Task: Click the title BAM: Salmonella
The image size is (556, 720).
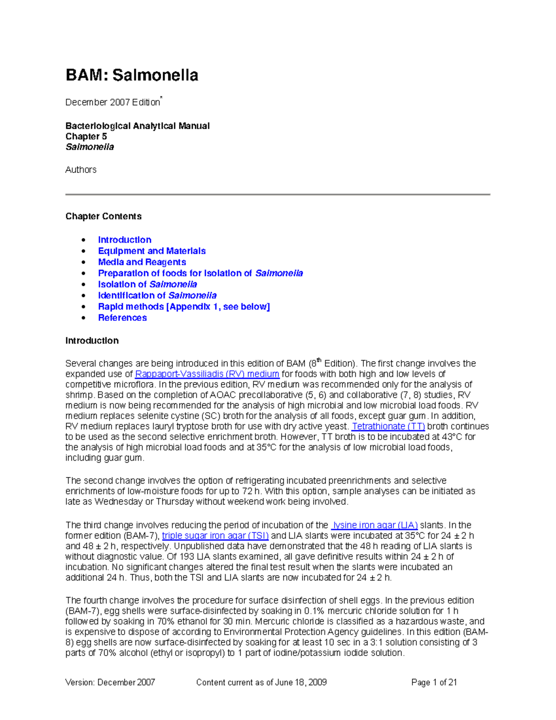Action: coord(132,75)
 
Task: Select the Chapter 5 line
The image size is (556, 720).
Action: coord(86,136)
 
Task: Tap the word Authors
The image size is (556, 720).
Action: coord(81,170)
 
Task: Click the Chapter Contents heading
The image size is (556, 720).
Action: coord(103,217)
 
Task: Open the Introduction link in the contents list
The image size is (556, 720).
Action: coord(124,240)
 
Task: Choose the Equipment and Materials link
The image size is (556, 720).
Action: coord(152,251)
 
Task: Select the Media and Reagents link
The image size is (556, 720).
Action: coord(142,262)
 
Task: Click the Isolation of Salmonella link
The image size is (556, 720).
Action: coord(147,284)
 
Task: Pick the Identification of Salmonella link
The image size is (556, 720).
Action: coord(157,295)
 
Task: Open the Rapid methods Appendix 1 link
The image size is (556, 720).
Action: coord(183,306)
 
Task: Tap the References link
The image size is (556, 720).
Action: coord(122,318)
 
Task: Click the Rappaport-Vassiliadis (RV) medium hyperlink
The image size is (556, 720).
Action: coord(207,374)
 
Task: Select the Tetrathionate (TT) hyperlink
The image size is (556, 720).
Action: coord(388,427)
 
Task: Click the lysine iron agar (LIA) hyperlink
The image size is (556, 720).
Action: coord(374,525)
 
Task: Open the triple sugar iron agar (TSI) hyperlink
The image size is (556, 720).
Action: coord(215,536)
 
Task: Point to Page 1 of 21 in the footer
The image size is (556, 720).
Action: coord(434,682)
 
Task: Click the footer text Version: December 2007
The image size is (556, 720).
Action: coord(110,682)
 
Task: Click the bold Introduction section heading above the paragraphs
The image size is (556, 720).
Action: coord(92,341)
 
